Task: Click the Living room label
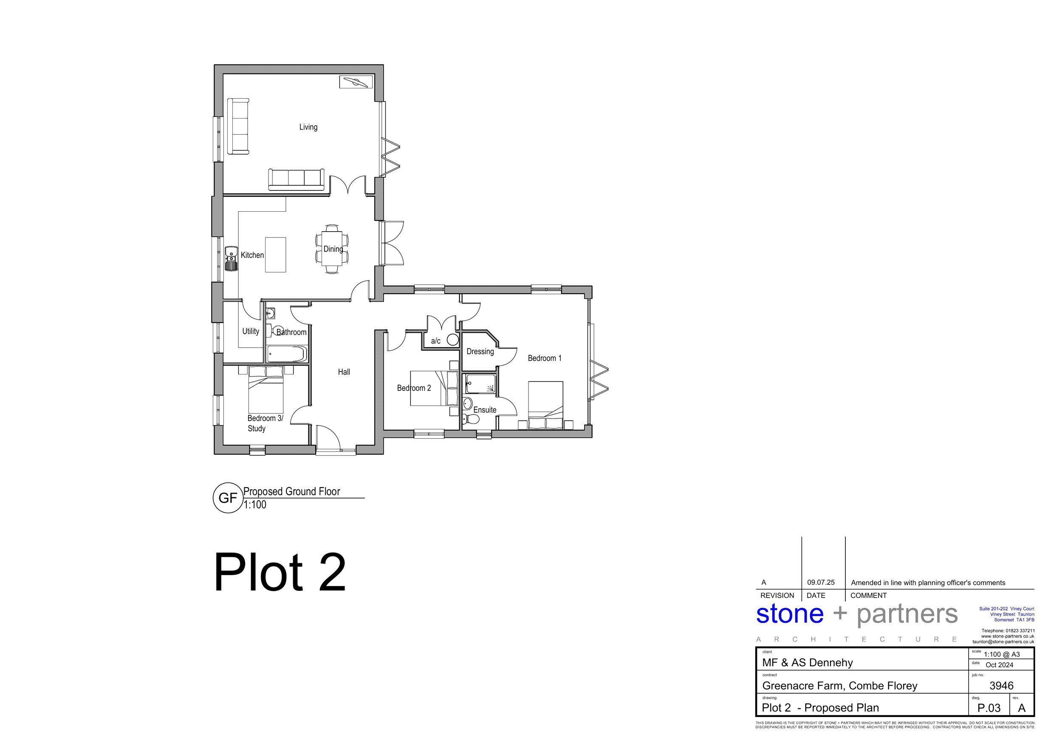(x=308, y=127)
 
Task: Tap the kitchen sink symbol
(x=231, y=259)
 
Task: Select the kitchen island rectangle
(x=275, y=255)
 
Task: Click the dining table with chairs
(x=332, y=249)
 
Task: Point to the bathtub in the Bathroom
(x=287, y=354)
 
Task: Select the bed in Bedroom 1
(x=545, y=405)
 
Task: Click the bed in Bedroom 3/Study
(x=265, y=389)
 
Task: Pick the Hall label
(x=344, y=371)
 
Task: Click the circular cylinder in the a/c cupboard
(x=452, y=340)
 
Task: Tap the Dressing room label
(x=480, y=351)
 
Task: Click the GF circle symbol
(x=228, y=498)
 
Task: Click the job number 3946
(x=1001, y=685)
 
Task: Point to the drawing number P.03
(x=989, y=708)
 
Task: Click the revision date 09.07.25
(x=821, y=583)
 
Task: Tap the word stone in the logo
(x=790, y=614)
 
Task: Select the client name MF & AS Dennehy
(x=808, y=663)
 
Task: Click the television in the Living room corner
(x=356, y=82)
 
